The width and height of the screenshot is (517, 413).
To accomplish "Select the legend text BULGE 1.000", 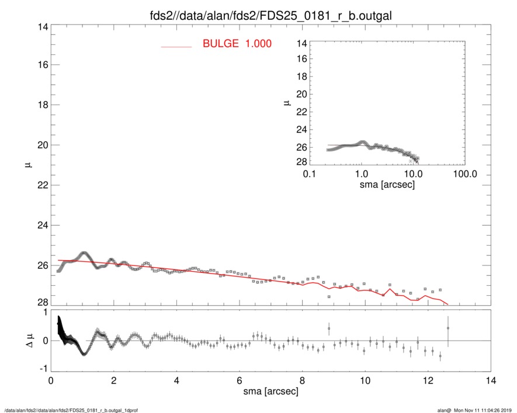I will [237, 44].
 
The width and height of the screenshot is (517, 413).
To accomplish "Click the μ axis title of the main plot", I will [27, 166].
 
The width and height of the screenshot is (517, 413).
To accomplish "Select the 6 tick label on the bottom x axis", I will [240, 381].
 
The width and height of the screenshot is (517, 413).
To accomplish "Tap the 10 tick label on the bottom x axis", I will [365, 381].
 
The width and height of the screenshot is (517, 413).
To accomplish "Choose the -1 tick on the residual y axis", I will [41, 369].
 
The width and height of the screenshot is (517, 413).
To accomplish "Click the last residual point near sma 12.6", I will [448, 328].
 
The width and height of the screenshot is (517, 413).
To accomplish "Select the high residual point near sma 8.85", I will [329, 328].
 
